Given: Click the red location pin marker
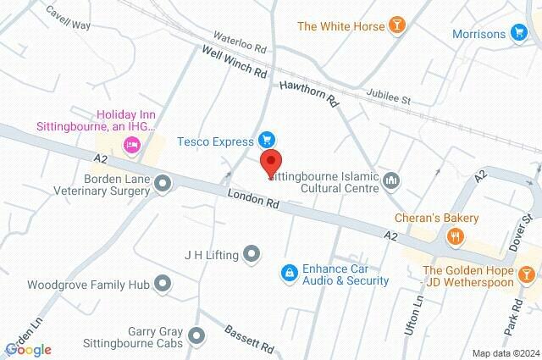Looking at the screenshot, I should pyautogui.click(x=271, y=162).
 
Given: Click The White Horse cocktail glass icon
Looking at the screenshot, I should pyautogui.click(x=395, y=25).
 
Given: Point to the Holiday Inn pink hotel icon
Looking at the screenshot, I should pyautogui.click(x=131, y=146).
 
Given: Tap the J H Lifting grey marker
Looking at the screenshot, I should pyautogui.click(x=252, y=253).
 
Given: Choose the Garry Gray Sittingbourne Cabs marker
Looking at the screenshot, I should pyautogui.click(x=197, y=336).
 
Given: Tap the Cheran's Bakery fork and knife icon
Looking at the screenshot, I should pyautogui.click(x=456, y=236).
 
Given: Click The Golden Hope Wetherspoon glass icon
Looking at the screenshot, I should pyautogui.click(x=528, y=274).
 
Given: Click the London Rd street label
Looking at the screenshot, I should pyautogui.click(x=253, y=199).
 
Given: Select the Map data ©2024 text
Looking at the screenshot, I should pyautogui.click(x=505, y=353).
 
